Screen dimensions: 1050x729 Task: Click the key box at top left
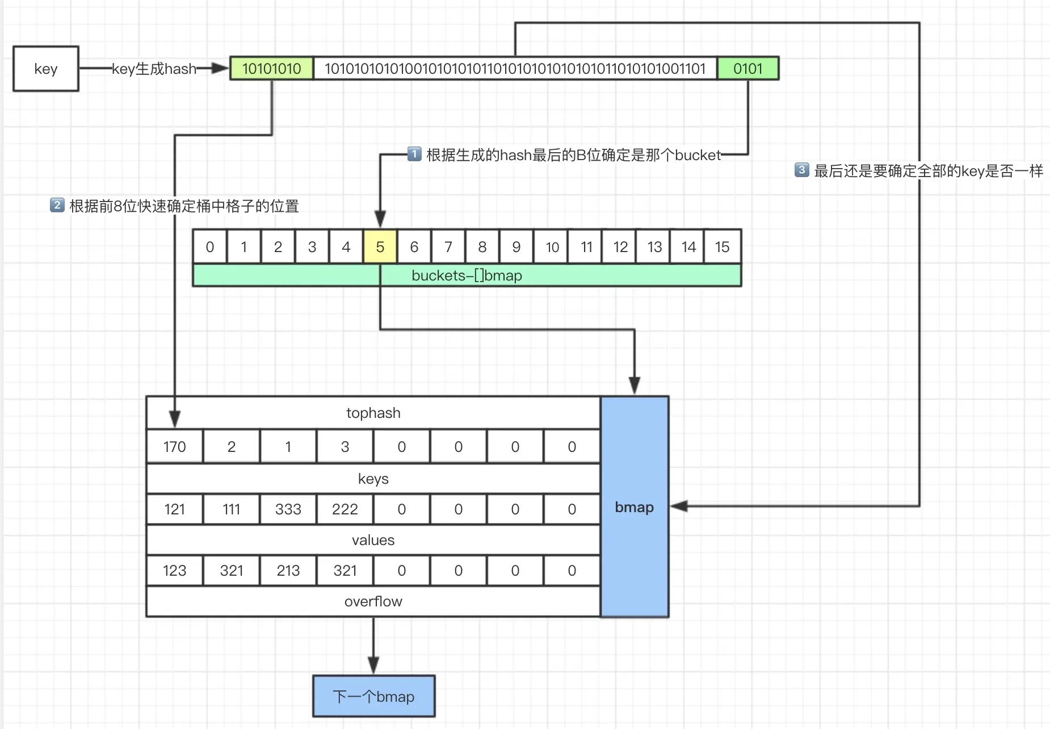pyautogui.click(x=46, y=69)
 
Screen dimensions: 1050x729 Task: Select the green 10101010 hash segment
pyautogui.click(x=272, y=69)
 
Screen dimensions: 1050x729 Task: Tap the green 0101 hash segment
pyautogui.click(x=748, y=69)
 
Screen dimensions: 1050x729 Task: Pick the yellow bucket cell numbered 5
pyautogui.click(x=380, y=247)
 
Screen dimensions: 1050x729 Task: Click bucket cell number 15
pyautogui.click(x=723, y=247)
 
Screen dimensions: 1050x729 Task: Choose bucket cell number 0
pyautogui.click(x=210, y=247)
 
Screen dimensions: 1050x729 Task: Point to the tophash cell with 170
pyautogui.click(x=175, y=447)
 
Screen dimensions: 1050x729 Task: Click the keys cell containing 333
pyautogui.click(x=288, y=509)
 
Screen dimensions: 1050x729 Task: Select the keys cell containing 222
pyautogui.click(x=345, y=509)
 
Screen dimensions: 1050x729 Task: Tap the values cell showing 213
pyautogui.click(x=288, y=571)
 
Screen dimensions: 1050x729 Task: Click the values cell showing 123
pyautogui.click(x=175, y=571)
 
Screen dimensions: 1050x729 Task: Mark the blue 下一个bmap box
pyautogui.click(x=374, y=697)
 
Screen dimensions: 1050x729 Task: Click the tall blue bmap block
pyautogui.click(x=635, y=507)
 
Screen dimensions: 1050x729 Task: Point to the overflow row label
pyautogui.click(x=373, y=602)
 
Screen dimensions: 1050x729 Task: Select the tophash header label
pyautogui.click(x=373, y=413)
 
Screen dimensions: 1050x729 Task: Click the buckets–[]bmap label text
pyautogui.click(x=467, y=275)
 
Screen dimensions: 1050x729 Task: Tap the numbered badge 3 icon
pyautogui.click(x=801, y=170)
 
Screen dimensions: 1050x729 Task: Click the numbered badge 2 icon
pyautogui.click(x=57, y=205)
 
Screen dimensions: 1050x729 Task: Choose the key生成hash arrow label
pyautogui.click(x=154, y=69)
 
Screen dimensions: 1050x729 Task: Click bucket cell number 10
pyautogui.click(x=552, y=247)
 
